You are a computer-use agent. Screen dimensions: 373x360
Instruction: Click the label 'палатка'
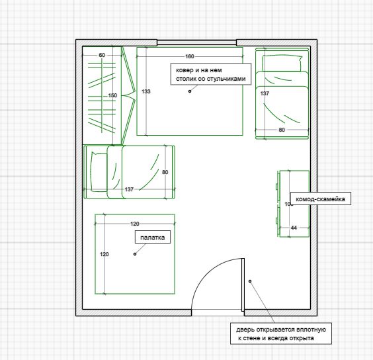[153, 238]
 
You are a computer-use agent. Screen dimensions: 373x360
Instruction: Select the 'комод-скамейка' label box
[321, 199]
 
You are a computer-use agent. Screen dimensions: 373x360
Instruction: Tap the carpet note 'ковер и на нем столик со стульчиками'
[211, 74]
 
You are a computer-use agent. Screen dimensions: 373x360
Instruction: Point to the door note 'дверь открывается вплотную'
[281, 330]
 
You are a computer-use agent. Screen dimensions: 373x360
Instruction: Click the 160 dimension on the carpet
[190, 56]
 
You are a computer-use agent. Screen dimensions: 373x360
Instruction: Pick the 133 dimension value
[146, 91]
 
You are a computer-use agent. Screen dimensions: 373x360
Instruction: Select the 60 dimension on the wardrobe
[102, 55]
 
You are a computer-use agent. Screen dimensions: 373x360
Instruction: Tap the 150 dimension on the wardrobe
[112, 95]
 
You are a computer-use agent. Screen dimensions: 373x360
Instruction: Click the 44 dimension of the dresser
[294, 228]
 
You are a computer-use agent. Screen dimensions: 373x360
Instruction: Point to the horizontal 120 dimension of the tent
[135, 224]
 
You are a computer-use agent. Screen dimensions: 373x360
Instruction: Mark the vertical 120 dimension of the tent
[104, 254]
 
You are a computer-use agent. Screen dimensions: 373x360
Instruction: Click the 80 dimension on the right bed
[282, 130]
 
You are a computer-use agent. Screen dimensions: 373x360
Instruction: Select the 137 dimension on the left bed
[129, 189]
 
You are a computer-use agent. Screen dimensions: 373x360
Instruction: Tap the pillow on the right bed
[282, 64]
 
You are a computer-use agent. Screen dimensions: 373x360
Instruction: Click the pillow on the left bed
[99, 171]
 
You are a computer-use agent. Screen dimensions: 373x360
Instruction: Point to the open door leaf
[243, 285]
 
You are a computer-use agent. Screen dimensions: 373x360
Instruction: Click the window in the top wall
[196, 42]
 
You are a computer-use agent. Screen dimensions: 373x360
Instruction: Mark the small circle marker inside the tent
[135, 254]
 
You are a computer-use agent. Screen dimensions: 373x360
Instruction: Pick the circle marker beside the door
[250, 281]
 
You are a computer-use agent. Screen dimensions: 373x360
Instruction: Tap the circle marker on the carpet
[190, 91]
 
